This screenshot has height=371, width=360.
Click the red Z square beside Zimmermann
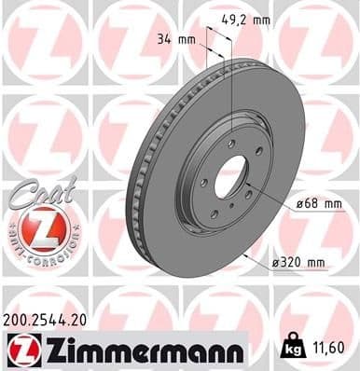(20, 350)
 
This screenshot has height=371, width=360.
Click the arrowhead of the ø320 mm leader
(242, 252)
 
